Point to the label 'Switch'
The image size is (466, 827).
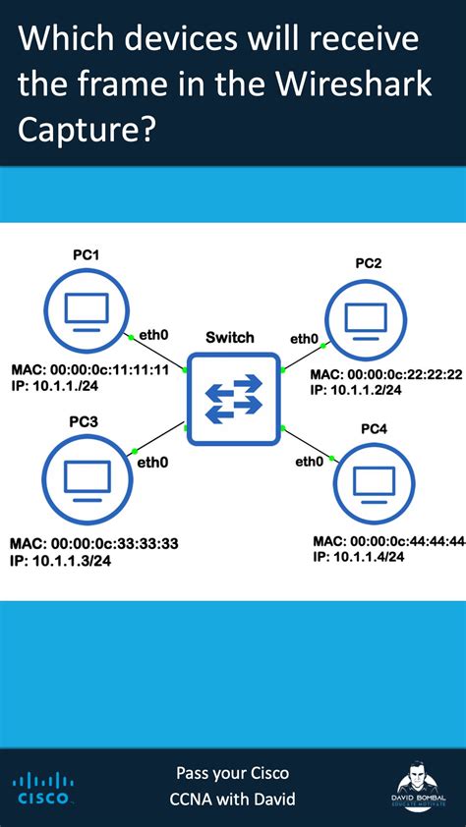pos(230,337)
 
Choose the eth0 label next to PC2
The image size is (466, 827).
pos(304,339)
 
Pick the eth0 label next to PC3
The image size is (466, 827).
pos(152,462)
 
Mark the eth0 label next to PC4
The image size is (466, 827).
pos(310,461)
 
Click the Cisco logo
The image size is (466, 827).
pos(41,788)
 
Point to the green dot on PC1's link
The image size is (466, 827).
pos(131,338)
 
